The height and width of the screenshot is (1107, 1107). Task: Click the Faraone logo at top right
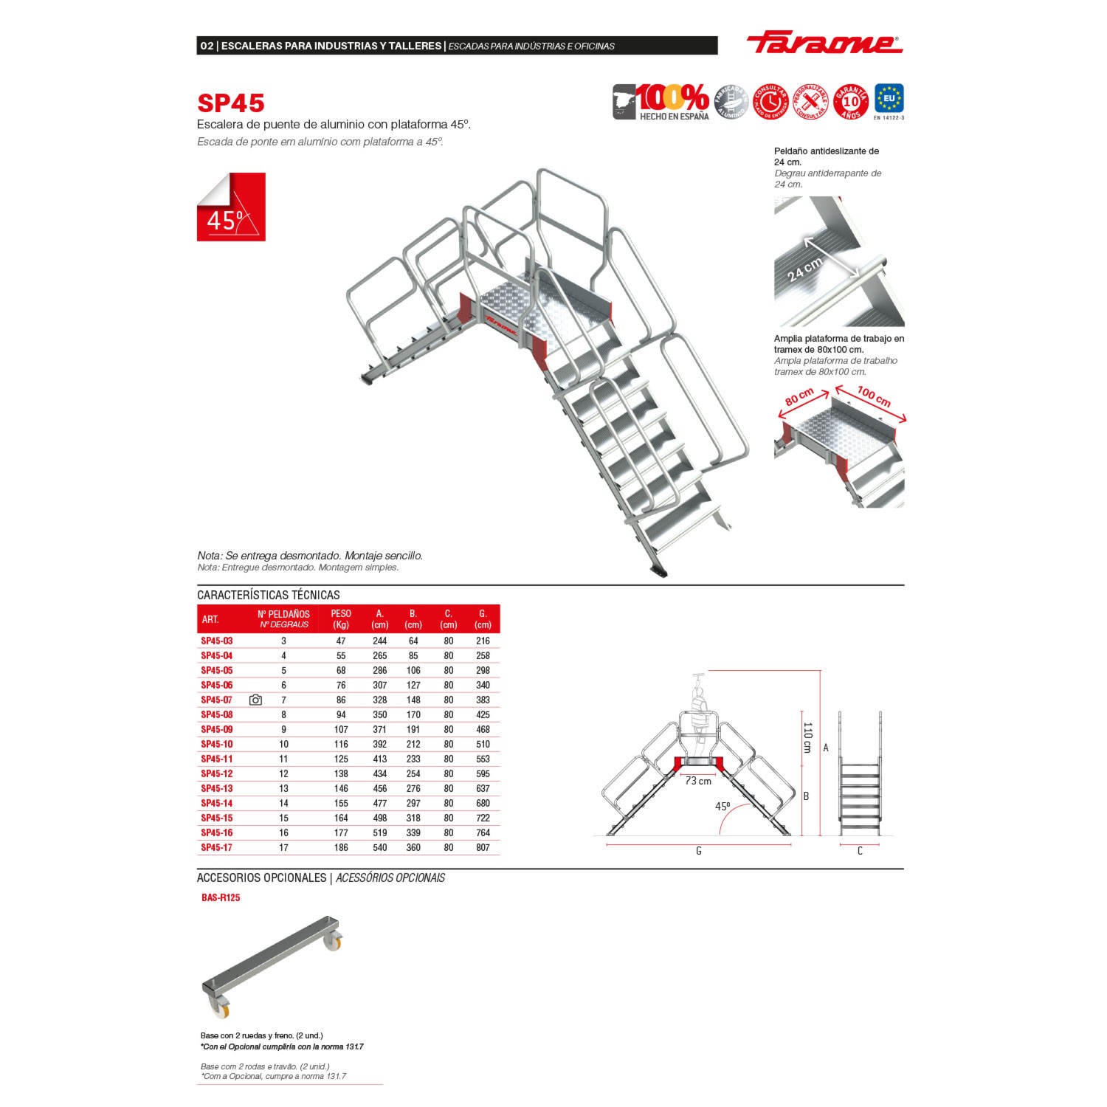[824, 43]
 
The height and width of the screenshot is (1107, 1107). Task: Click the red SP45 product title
[230, 103]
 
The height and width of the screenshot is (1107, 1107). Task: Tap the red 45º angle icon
[231, 207]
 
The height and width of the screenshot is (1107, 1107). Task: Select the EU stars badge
[889, 100]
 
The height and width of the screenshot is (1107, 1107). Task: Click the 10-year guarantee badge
[850, 102]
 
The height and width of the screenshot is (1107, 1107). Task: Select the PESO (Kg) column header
[341, 618]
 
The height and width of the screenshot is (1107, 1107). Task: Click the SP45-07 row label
[217, 700]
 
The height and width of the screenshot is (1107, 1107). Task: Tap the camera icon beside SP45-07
[255, 700]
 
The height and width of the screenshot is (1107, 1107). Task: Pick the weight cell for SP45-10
[341, 744]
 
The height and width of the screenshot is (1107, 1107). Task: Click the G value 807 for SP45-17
[483, 847]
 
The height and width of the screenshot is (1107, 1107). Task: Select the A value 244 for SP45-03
[380, 641]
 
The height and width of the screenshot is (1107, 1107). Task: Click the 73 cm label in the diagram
[698, 781]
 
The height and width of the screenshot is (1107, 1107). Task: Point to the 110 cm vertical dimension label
[807, 737]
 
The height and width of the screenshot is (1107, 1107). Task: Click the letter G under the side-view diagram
[698, 851]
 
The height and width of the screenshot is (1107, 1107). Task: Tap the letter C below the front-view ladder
[860, 851]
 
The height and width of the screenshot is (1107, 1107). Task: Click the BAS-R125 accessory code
[221, 897]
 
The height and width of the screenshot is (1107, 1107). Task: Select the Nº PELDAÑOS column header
[283, 618]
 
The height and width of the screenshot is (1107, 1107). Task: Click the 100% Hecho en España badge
[661, 102]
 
